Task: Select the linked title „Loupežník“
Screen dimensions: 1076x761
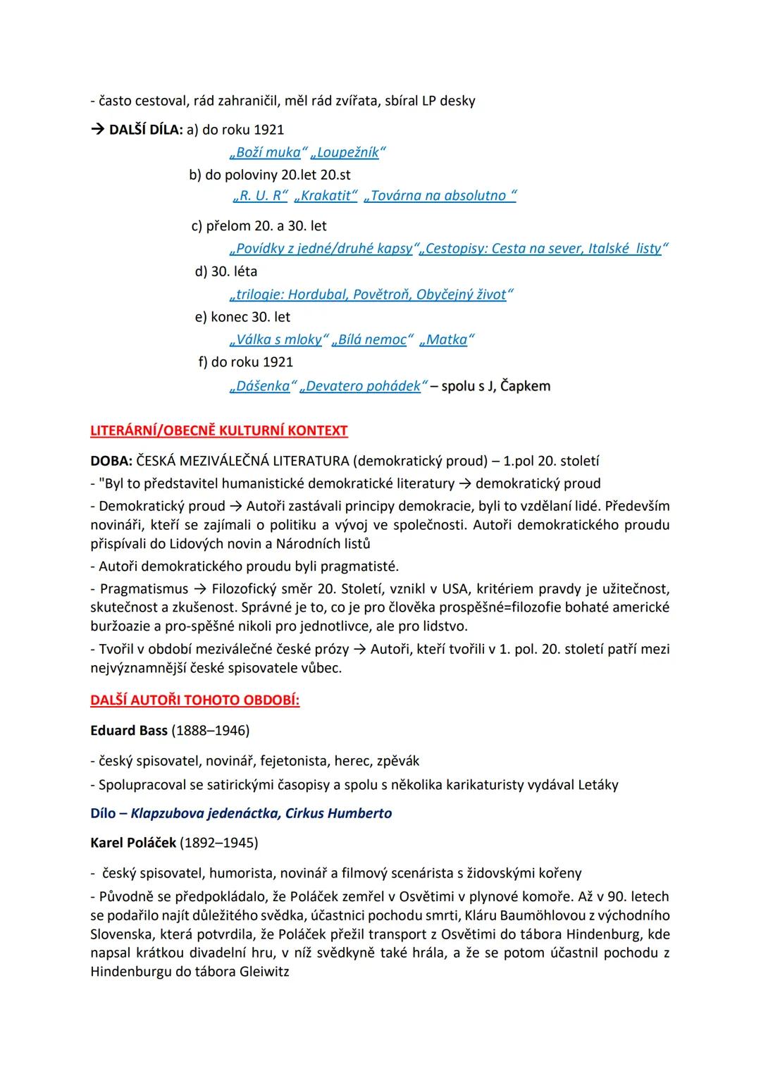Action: click(348, 152)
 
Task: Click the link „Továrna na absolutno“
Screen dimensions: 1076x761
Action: click(440, 195)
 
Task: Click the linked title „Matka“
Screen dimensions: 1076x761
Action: click(447, 340)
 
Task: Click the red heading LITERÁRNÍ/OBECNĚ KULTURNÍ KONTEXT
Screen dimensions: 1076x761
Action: click(219, 431)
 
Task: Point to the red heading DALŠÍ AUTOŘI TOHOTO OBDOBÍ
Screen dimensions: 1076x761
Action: click(195, 701)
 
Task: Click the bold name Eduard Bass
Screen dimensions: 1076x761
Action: click(129, 730)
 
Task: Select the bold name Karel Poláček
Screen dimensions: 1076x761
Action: click(133, 843)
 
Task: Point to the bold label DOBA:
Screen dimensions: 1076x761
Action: click(111, 462)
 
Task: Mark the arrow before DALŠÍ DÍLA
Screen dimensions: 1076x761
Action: click(97, 130)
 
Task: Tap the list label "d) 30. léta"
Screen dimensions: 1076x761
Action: click(226, 271)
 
